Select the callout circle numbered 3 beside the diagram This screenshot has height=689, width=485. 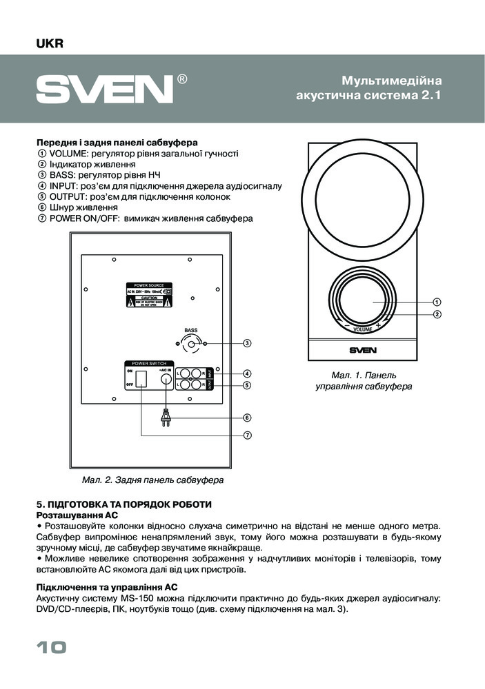click(x=246, y=342)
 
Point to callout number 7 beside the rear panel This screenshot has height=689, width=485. click(x=246, y=435)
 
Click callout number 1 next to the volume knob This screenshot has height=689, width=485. click(x=437, y=302)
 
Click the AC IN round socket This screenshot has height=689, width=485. click(x=166, y=379)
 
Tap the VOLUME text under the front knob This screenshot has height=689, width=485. click(x=362, y=330)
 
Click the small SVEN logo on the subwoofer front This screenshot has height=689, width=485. click(x=362, y=350)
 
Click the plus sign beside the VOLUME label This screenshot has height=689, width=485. click(x=378, y=325)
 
